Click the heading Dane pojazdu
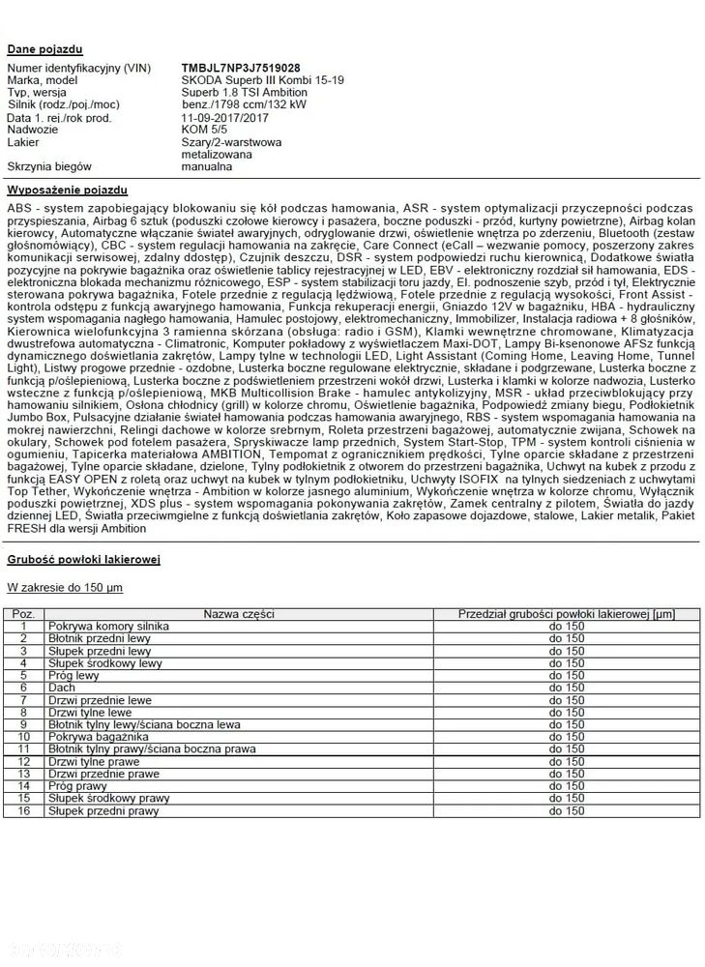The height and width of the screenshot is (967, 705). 44,48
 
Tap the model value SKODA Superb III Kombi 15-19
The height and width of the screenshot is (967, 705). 261,81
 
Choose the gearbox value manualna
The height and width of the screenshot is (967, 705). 207,166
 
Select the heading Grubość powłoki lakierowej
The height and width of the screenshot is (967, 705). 83,560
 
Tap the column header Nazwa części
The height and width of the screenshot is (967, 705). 239,614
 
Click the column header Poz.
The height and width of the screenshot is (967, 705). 24,614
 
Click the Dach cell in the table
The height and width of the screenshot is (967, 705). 61,688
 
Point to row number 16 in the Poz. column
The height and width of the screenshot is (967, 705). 24,810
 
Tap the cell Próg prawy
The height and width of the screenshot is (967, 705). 78,786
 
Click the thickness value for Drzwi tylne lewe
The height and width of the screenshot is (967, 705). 567,712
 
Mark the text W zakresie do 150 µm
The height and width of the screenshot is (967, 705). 65,587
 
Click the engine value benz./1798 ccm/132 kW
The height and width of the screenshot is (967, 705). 244,105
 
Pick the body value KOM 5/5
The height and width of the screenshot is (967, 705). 204,130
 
